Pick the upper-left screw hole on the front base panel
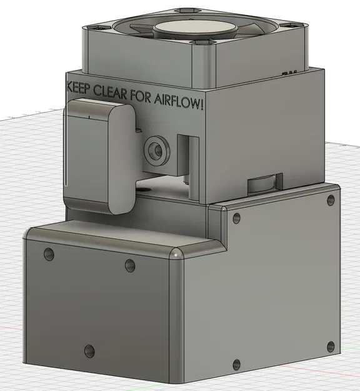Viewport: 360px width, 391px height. pos(49,255)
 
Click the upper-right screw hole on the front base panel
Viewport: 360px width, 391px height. pos(129,265)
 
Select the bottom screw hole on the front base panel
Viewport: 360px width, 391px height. pos(89,351)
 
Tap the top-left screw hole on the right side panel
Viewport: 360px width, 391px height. pos(236,218)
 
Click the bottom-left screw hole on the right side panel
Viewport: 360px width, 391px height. pos(236,363)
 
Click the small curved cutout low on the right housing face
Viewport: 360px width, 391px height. pos(265,183)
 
